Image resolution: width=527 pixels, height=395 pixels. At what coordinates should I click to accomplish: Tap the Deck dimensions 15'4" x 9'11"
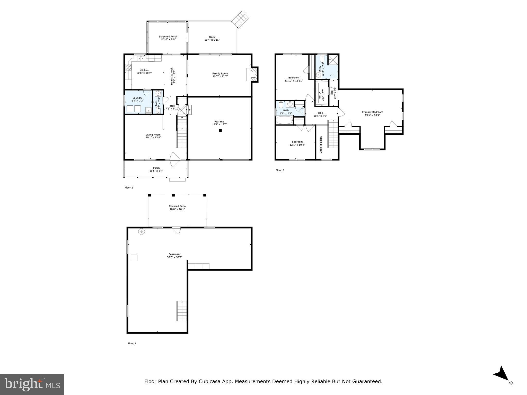tap(212, 40)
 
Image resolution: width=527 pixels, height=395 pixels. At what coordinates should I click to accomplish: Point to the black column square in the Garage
tap(220, 130)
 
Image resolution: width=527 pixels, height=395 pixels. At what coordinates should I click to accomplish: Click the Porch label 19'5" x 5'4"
tap(156, 169)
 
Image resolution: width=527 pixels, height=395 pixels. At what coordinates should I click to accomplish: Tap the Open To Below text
tap(321, 145)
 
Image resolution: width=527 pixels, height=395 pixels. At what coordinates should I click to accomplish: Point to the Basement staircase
tap(181, 311)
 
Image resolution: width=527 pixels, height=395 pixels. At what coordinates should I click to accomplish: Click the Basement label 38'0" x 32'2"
tap(175, 256)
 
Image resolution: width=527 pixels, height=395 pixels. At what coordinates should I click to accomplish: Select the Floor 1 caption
tap(132, 343)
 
